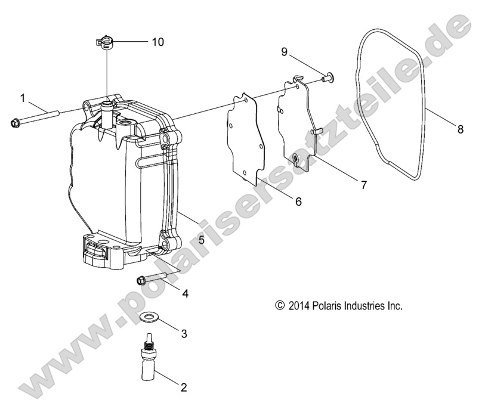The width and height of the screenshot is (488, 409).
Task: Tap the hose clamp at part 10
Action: click(105, 44)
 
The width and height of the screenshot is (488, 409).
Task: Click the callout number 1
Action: click(23, 97)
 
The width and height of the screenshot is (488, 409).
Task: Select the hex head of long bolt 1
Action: click(15, 123)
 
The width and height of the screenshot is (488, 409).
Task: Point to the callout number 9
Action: click(285, 52)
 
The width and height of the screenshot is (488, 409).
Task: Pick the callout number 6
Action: click(297, 202)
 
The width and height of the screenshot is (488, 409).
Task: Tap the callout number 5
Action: click(184, 240)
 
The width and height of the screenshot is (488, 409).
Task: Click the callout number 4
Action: click(185, 293)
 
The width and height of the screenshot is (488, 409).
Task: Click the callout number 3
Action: click(185, 334)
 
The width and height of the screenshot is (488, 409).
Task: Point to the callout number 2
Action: click(184, 388)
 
